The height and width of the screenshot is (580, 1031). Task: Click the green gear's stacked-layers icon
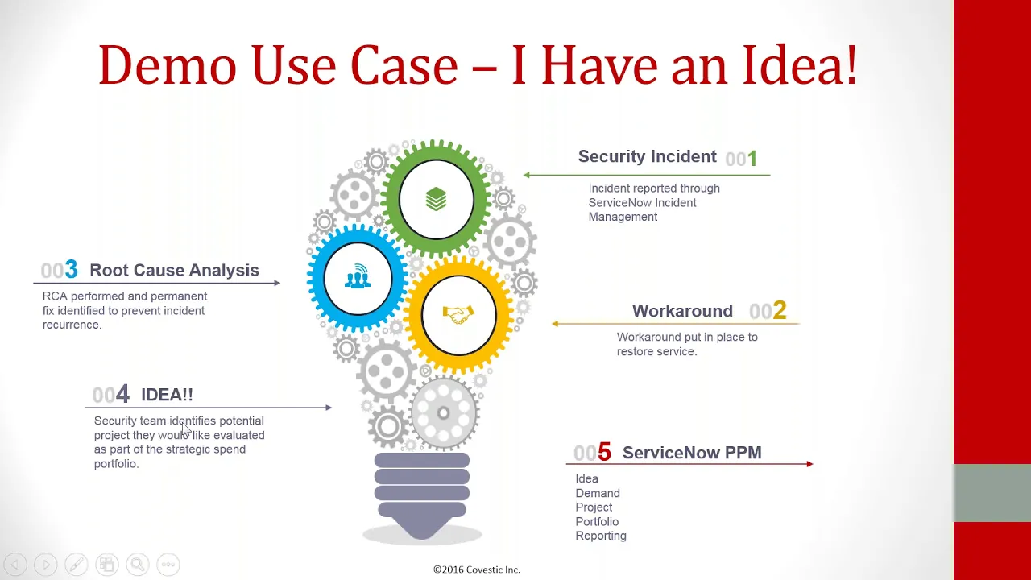point(436,198)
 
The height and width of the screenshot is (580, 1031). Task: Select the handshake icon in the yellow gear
point(458,314)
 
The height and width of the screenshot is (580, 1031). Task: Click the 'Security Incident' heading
point(647,157)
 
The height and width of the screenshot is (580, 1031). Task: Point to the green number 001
point(741,159)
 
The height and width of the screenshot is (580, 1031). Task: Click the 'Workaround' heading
point(682,312)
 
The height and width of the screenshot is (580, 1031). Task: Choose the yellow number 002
point(768,311)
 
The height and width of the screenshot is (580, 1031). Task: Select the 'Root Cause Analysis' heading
point(174,271)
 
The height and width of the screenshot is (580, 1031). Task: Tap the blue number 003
point(60,270)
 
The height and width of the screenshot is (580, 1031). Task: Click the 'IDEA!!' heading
point(167,395)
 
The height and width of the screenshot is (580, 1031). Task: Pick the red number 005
point(592,453)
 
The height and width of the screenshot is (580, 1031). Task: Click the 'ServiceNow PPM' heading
point(692,453)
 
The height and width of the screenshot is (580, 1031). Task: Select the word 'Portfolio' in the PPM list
point(597,521)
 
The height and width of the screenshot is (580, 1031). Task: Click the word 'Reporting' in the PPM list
point(601,536)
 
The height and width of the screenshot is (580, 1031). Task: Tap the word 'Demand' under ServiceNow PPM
point(598,493)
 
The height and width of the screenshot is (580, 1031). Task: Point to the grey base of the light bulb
point(422,491)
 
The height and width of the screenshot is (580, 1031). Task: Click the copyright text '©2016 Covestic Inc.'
point(477,570)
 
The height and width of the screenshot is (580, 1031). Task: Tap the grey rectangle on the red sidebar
point(992,493)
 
